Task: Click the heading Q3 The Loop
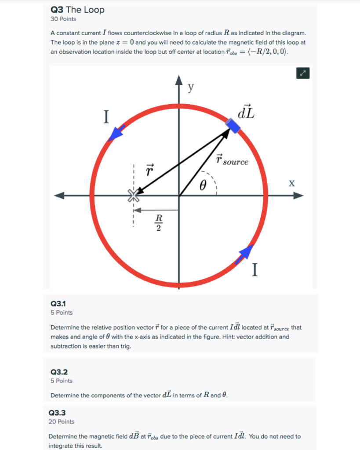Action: [x=77, y=10]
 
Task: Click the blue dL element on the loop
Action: [x=233, y=126]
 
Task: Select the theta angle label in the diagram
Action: [x=202, y=186]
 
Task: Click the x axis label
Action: [x=291, y=183]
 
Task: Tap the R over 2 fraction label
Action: [x=159, y=222]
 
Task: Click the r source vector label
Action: [x=232, y=160]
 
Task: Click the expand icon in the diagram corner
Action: [x=303, y=73]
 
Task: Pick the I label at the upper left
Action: [x=105, y=117]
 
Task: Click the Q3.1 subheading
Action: [x=58, y=303]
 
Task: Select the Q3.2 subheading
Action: [x=58, y=372]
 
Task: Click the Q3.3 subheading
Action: [x=57, y=413]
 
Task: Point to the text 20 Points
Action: [x=61, y=422]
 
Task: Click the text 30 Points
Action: [x=63, y=19]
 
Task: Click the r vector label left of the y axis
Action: [x=149, y=170]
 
